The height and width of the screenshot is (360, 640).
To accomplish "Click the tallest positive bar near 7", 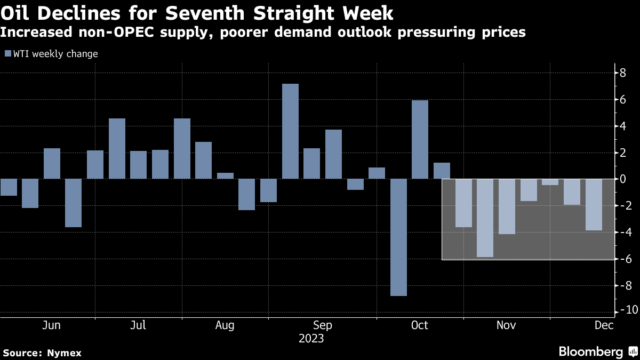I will pyautogui.click(x=290, y=131).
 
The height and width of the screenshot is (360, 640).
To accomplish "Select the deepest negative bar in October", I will pyautogui.click(x=398, y=237).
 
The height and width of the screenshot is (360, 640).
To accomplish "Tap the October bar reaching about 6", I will pyautogui.click(x=420, y=140).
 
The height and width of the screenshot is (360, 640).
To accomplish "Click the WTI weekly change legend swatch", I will pyautogui.click(x=7, y=54).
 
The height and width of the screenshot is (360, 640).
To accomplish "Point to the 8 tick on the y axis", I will pyautogui.click(x=622, y=73).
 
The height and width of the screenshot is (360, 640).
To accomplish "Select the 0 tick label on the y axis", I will pyautogui.click(x=622, y=179).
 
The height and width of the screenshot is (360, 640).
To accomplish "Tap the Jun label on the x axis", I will pyautogui.click(x=51, y=325).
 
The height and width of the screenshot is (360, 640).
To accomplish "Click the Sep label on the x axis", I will pyautogui.click(x=323, y=325).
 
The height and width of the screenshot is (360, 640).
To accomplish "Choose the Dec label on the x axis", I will pyautogui.click(x=603, y=325).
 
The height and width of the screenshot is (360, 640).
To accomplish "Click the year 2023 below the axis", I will pyautogui.click(x=311, y=339).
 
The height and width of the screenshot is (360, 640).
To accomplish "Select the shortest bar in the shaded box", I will pyautogui.click(x=550, y=182).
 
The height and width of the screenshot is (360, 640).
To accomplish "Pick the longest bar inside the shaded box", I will pyautogui.click(x=485, y=218).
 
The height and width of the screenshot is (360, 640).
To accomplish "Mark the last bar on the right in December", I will pyautogui.click(x=594, y=205).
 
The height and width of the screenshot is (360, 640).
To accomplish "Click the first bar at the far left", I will pyautogui.click(x=9, y=187).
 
